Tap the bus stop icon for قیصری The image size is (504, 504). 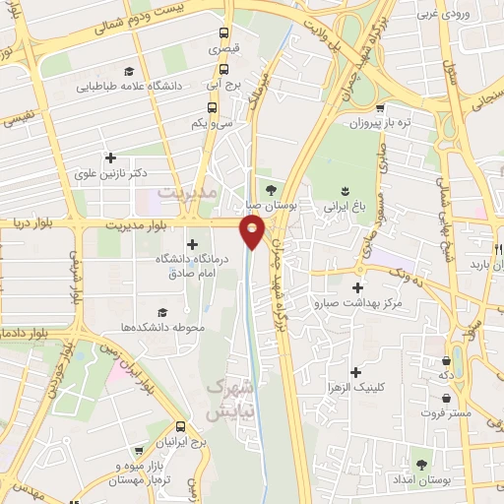click(x=223, y=31)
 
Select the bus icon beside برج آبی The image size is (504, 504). click(x=223, y=69)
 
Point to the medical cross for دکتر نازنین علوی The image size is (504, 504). click(x=109, y=157)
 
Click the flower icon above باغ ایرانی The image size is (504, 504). click(x=345, y=191)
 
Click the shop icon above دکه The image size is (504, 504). click(x=448, y=360)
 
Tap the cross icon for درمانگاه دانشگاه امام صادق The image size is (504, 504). click(x=191, y=244)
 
